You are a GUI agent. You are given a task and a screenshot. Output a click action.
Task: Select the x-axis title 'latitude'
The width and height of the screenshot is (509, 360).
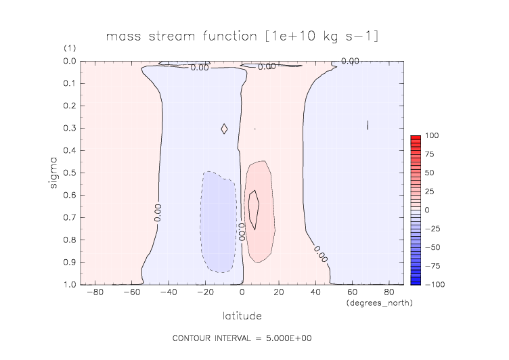242,315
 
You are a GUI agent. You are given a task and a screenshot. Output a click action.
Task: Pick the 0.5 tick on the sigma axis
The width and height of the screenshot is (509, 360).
68,173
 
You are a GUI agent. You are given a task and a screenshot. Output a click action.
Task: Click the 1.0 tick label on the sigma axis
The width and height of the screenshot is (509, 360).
68,284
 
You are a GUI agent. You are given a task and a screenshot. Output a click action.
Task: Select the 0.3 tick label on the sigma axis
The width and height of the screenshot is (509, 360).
68,128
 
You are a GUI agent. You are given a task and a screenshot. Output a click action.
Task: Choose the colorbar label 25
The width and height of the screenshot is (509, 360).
432,192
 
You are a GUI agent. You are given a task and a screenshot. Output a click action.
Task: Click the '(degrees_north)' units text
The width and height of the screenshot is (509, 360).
379,302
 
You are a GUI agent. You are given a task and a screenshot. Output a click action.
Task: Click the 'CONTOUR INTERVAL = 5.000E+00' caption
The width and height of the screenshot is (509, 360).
242,338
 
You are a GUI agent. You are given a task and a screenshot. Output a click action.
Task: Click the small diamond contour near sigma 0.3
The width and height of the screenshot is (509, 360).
224,128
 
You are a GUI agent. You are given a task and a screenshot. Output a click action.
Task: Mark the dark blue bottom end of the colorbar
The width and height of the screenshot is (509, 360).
416,282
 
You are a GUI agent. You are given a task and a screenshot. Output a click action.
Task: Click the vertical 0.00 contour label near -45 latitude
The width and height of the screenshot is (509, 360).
158,213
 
